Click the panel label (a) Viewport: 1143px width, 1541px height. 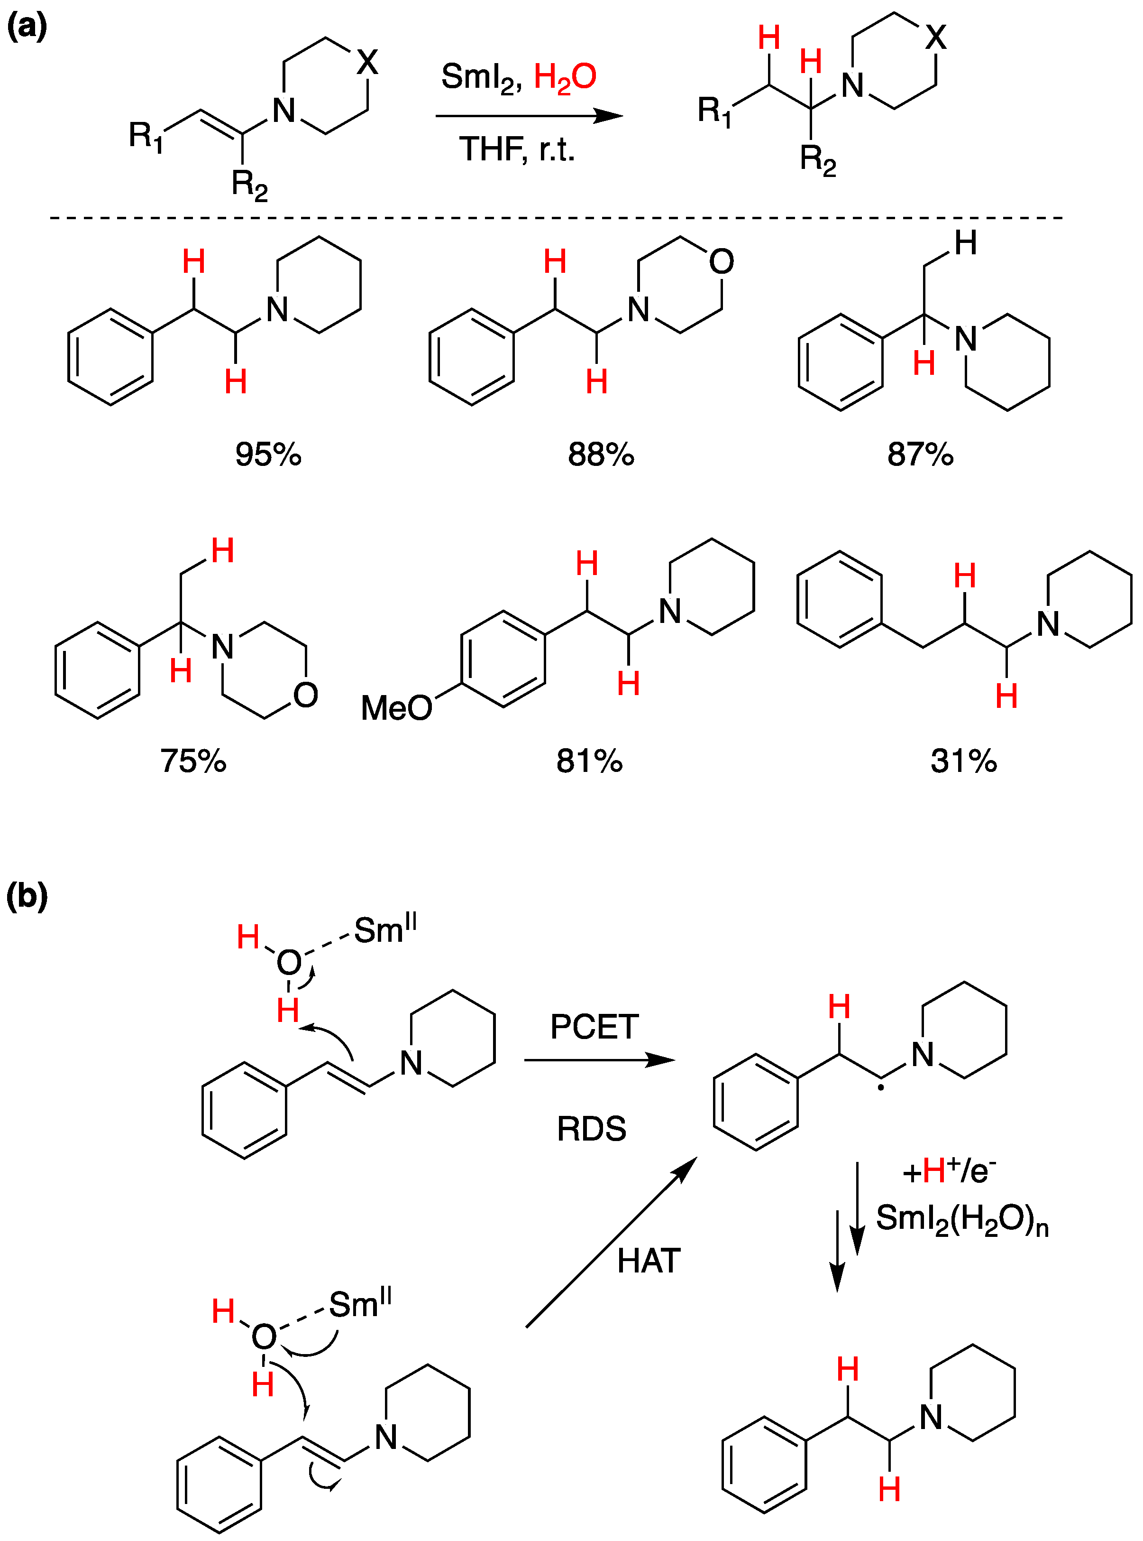tap(26, 28)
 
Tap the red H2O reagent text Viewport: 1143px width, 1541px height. tap(565, 77)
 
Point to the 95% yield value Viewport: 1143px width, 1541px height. tap(268, 455)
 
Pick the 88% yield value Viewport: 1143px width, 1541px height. tap(601, 455)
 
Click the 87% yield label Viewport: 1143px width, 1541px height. tap(920, 455)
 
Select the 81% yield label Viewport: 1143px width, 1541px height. tap(589, 761)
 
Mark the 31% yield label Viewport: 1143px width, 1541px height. tap(964, 761)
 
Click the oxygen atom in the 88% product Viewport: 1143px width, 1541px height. tap(721, 262)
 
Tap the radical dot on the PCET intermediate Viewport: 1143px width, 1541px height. tap(881, 1088)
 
